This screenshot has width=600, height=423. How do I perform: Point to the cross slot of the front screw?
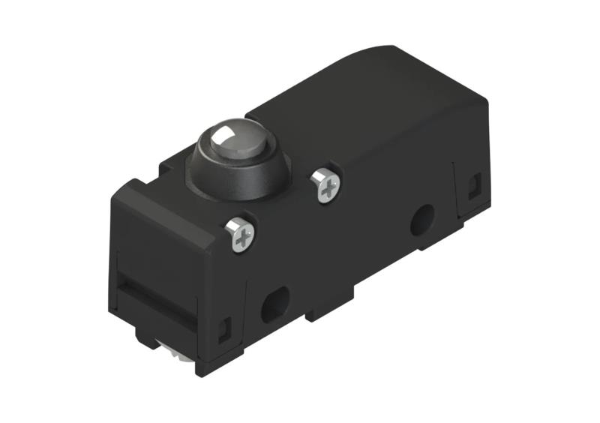[x=241, y=234]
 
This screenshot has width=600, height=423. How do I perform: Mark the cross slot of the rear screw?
[x=325, y=184]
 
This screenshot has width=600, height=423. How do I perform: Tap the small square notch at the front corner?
[x=223, y=328]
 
